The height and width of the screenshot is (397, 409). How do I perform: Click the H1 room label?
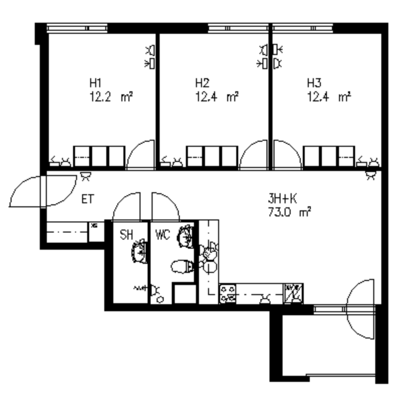(x=95, y=83)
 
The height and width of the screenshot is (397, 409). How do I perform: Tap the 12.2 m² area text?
(x=111, y=97)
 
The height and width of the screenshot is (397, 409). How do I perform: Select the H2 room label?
(x=202, y=83)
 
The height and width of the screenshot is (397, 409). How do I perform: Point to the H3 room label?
(x=314, y=83)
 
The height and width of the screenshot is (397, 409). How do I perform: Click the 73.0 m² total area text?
(x=290, y=212)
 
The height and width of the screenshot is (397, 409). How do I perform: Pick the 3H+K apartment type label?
(x=282, y=199)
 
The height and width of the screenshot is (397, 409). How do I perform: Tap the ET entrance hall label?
(x=87, y=199)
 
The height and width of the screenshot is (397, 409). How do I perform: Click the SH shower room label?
(x=126, y=234)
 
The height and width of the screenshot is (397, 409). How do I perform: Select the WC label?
(x=163, y=234)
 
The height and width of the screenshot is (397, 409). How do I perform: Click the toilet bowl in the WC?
(x=182, y=267)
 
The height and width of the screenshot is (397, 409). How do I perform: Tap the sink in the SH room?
(x=139, y=251)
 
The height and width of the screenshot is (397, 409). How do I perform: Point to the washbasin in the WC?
(x=186, y=237)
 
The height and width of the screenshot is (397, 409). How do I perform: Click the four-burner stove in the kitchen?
(x=228, y=294)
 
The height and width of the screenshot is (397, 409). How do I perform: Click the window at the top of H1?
(x=77, y=28)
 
